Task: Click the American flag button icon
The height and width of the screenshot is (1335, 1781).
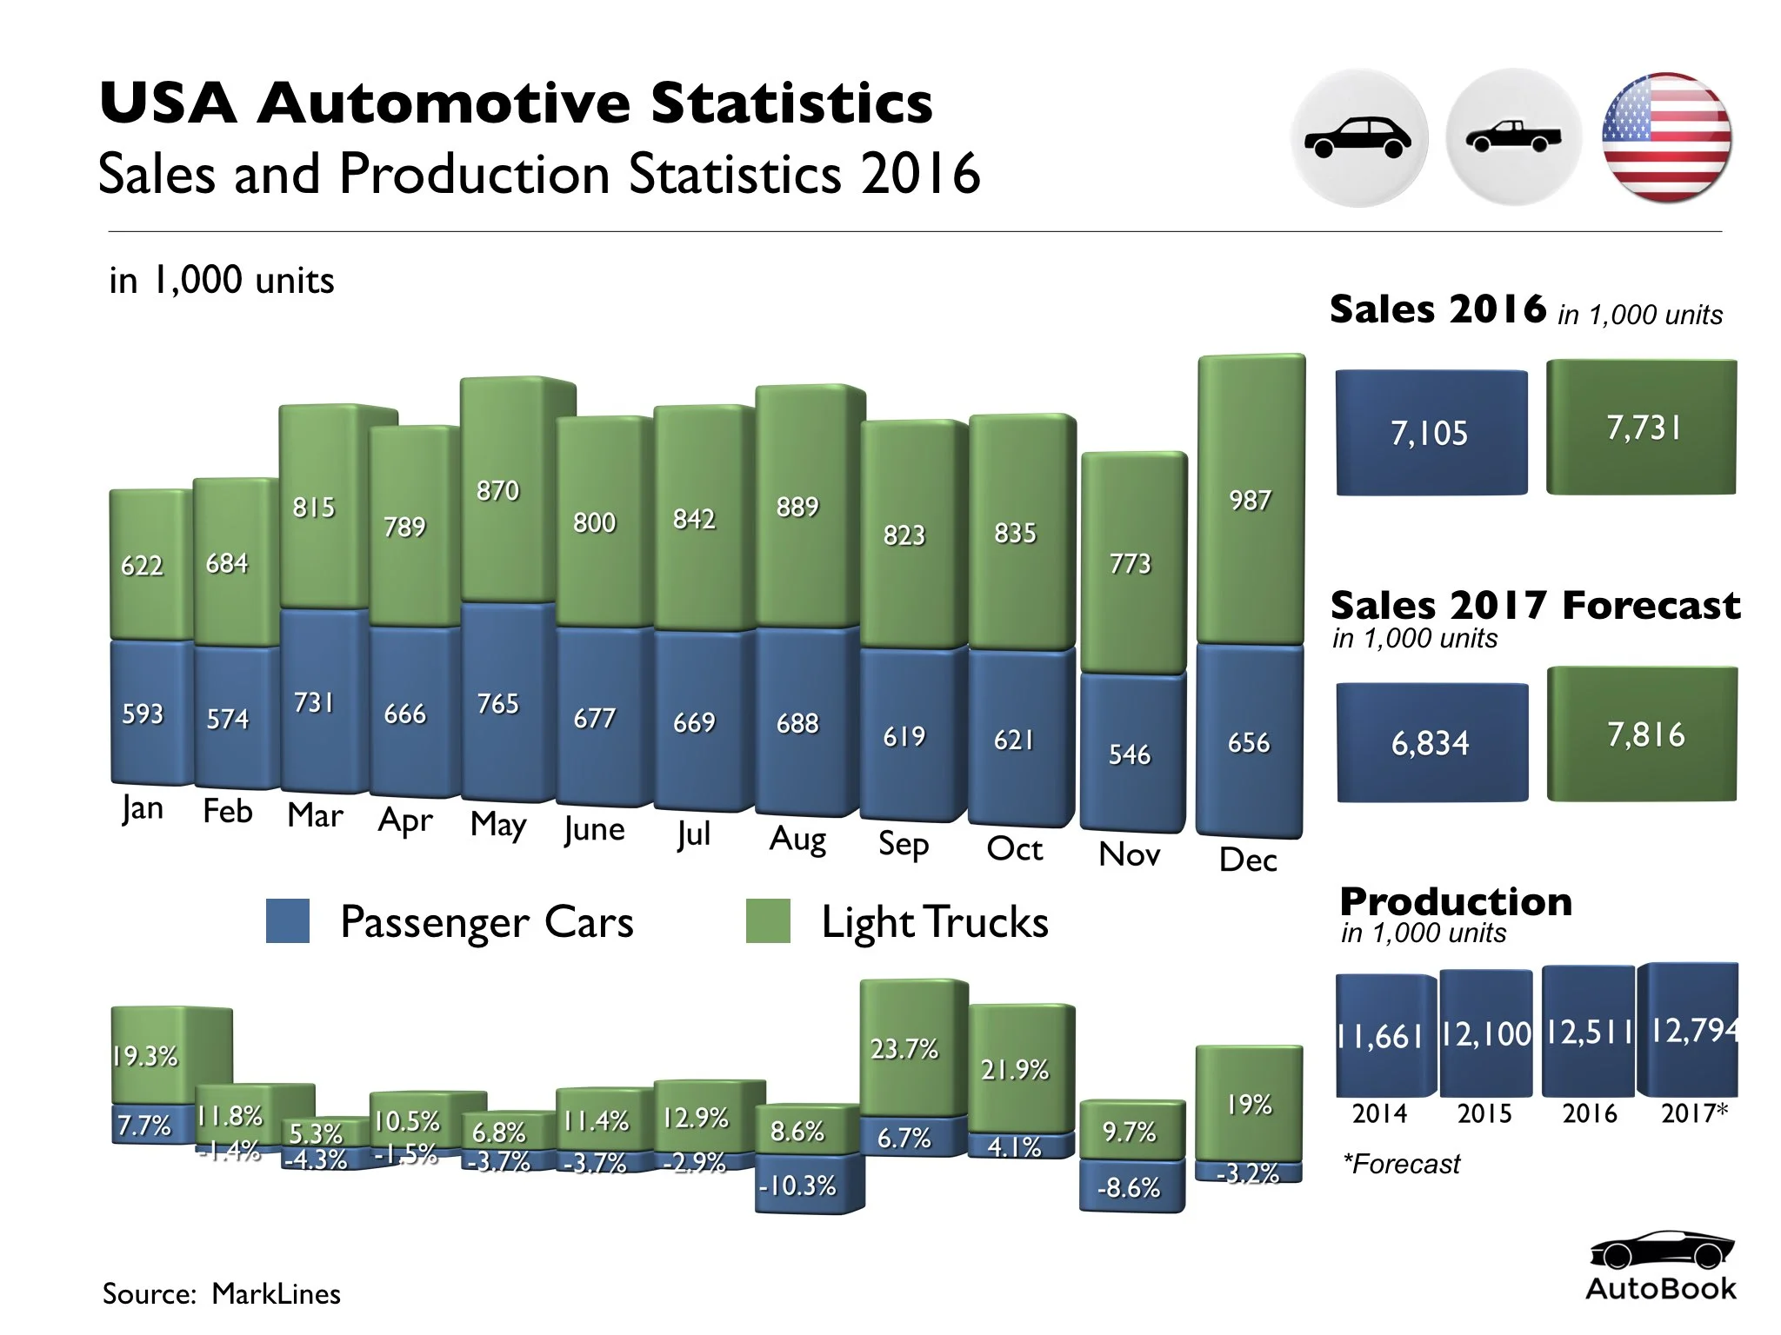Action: (1665, 138)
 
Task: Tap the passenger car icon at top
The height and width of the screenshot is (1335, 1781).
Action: (1357, 138)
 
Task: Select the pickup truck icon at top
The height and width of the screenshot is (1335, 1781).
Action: (1512, 137)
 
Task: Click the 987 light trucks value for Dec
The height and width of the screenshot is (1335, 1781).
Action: (1250, 501)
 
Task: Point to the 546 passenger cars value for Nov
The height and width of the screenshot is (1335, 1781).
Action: (1129, 754)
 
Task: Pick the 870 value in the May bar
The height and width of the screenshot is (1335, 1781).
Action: (497, 491)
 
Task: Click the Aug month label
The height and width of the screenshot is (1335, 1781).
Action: (797, 840)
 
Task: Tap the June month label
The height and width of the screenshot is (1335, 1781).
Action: (594, 829)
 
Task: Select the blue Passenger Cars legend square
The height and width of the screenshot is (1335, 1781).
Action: (288, 921)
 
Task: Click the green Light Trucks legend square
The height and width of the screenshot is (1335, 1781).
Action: (768, 921)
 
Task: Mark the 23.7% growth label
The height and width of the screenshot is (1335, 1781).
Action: (904, 1049)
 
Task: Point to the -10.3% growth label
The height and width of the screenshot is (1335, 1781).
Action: (797, 1186)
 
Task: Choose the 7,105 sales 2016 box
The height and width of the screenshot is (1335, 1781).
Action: (1431, 433)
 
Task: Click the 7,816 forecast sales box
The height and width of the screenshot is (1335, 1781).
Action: (1644, 735)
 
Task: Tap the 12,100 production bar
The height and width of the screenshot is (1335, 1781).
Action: (1485, 1034)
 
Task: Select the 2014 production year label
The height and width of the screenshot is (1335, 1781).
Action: (1379, 1113)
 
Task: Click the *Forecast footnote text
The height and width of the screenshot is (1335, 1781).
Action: (1401, 1164)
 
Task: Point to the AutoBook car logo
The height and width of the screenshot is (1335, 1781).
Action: (1660, 1251)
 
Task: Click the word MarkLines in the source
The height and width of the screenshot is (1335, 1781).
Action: (276, 1294)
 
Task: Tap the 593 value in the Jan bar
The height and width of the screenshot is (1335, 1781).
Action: (143, 714)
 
